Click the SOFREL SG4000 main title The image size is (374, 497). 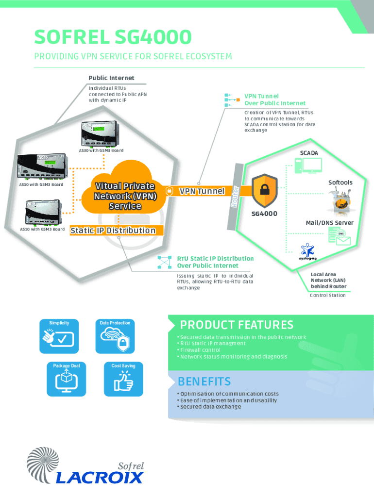113,37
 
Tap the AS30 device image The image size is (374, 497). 100,134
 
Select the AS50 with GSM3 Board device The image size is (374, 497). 42,166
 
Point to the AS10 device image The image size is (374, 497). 44,213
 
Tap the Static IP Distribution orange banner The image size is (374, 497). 117,231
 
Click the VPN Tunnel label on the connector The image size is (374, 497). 202,191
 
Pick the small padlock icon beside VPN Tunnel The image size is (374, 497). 170,191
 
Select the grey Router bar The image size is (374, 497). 235,197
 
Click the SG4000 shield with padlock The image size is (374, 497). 265,191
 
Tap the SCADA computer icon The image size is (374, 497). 308,166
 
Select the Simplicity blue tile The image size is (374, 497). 59,336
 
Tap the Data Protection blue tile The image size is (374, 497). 115,336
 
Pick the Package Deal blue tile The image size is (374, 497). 66,379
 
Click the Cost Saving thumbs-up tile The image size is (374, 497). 123,379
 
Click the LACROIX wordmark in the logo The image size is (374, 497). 100,478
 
